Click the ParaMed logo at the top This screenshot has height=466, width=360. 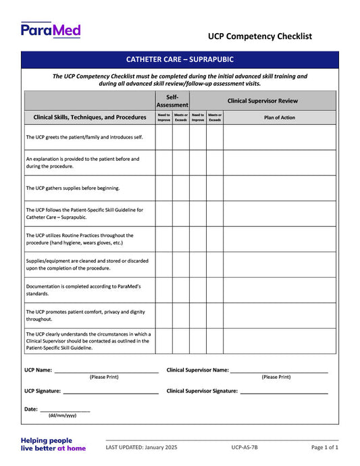click(51, 30)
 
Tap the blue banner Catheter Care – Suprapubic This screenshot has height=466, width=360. click(179, 59)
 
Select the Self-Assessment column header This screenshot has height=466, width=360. click(172, 101)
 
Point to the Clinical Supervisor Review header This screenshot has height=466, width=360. click(262, 101)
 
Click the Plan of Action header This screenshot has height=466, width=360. click(279, 118)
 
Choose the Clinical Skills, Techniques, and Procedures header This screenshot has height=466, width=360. click(90, 118)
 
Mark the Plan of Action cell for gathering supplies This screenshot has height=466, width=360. click(279, 188)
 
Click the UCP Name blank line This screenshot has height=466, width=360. click(106, 371)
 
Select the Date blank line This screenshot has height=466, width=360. click(65, 410)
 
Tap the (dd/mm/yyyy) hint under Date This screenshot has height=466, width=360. click(62, 416)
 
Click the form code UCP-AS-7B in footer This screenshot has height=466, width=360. click(244, 448)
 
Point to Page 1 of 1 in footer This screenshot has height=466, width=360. click(324, 448)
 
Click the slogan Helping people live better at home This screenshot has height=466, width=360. click(53, 444)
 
